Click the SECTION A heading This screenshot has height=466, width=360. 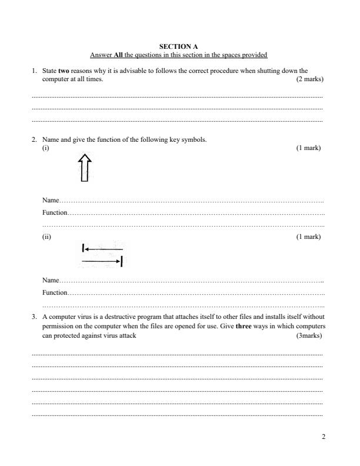[x=179, y=46]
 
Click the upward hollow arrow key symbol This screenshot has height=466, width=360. [x=85, y=168]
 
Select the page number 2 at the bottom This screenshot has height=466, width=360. [x=323, y=437]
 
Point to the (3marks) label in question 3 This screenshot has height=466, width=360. [x=310, y=335]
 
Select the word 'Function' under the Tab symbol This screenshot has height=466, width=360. [x=54, y=292]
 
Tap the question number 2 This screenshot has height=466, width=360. [x=34, y=139]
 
